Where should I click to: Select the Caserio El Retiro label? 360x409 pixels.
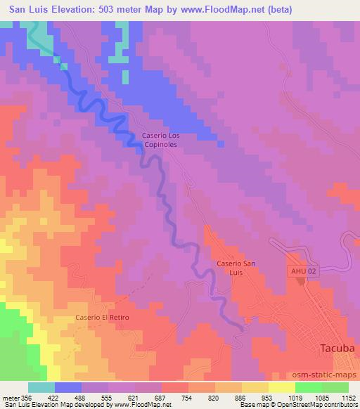coord(103,318)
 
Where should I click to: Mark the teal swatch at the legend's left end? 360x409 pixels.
coord(41,387)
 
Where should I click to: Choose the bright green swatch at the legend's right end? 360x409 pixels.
coord(335,387)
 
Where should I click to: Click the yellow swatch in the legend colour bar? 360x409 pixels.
coord(281,387)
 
